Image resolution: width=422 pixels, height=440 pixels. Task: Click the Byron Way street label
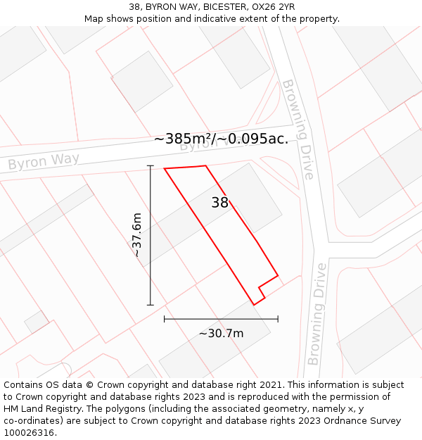click(x=44, y=162)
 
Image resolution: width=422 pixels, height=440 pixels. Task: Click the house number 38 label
click(x=219, y=203)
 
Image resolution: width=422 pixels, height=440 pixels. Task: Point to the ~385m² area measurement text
click(x=221, y=139)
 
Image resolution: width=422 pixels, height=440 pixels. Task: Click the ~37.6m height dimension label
click(x=137, y=235)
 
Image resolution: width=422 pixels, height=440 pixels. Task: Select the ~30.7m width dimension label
click(x=221, y=333)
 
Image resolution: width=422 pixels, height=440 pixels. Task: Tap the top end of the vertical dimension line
click(x=150, y=165)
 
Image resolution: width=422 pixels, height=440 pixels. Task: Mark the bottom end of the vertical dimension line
click(x=150, y=305)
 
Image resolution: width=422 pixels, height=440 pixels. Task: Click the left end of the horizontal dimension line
click(x=165, y=319)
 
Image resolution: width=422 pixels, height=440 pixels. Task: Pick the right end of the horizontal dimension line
click(x=278, y=319)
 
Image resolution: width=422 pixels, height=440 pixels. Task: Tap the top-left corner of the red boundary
click(x=165, y=168)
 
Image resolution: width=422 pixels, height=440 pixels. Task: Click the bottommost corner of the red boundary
click(x=254, y=305)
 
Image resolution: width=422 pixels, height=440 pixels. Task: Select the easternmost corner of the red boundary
click(x=278, y=275)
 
